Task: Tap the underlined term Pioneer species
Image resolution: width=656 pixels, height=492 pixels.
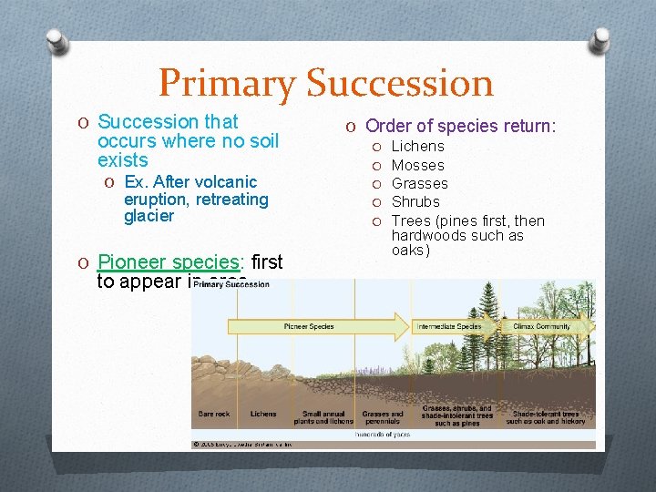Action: point(170,262)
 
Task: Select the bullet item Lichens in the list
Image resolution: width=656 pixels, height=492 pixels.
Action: point(417,147)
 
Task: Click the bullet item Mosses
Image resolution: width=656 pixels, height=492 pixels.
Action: point(417,165)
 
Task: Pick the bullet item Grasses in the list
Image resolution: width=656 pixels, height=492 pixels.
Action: point(419,183)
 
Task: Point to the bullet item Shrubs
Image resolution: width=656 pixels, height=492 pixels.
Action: point(415,201)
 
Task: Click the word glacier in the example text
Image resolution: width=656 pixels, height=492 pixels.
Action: point(149,216)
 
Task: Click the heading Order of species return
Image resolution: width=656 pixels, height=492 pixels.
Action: point(472,126)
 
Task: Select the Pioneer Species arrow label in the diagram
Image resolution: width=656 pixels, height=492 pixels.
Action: point(309,326)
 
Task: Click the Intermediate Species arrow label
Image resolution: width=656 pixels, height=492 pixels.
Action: point(448,326)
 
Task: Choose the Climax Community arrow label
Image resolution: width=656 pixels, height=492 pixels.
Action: point(541,326)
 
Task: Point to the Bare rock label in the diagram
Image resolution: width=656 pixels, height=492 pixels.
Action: point(214,414)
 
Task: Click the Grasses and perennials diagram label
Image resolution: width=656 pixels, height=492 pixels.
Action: point(382,417)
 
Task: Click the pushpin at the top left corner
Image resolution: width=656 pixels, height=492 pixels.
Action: point(56,40)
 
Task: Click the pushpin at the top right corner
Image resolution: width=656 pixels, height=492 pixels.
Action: point(600,40)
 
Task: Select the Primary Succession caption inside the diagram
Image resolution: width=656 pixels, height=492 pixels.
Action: point(232,285)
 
